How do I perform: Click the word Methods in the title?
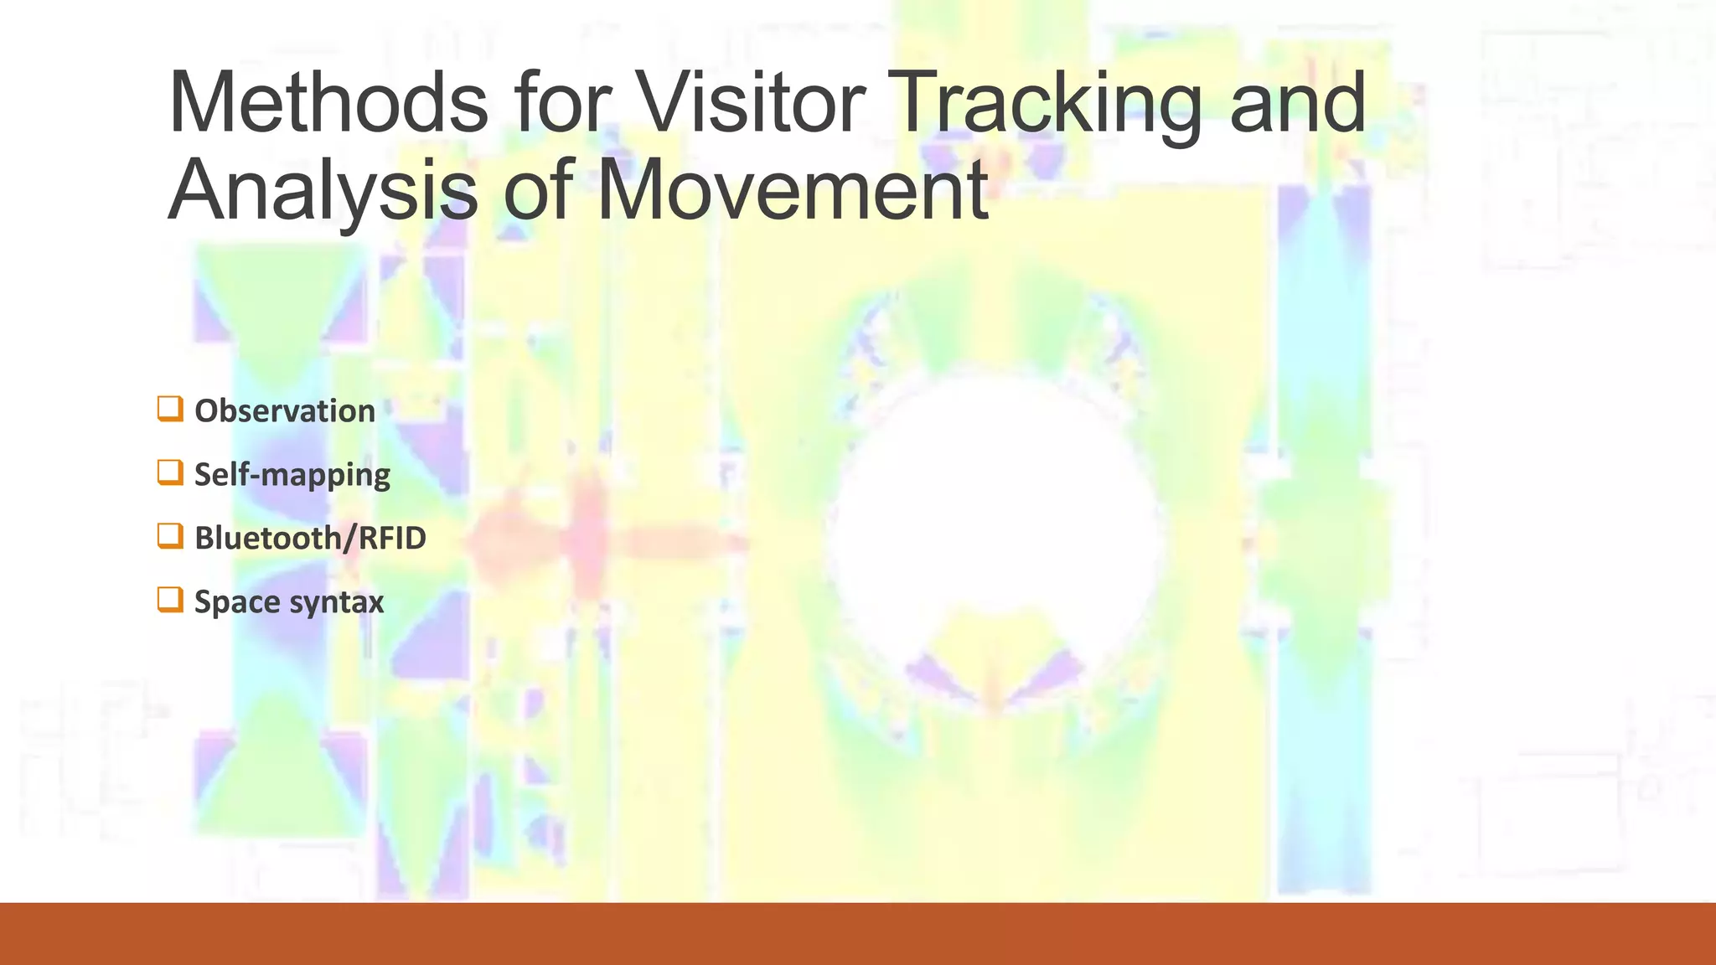[328, 103]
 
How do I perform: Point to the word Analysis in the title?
[323, 191]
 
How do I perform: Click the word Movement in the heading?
[792, 191]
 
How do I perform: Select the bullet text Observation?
[285, 411]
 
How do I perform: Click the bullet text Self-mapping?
[292, 475]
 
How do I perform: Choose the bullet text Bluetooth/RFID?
[310, 538]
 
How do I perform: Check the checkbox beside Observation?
[170, 409]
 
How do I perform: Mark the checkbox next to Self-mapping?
[170, 472]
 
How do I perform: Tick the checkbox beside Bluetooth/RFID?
[170, 536]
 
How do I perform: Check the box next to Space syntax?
[170, 600]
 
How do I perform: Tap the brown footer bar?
[858, 933]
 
